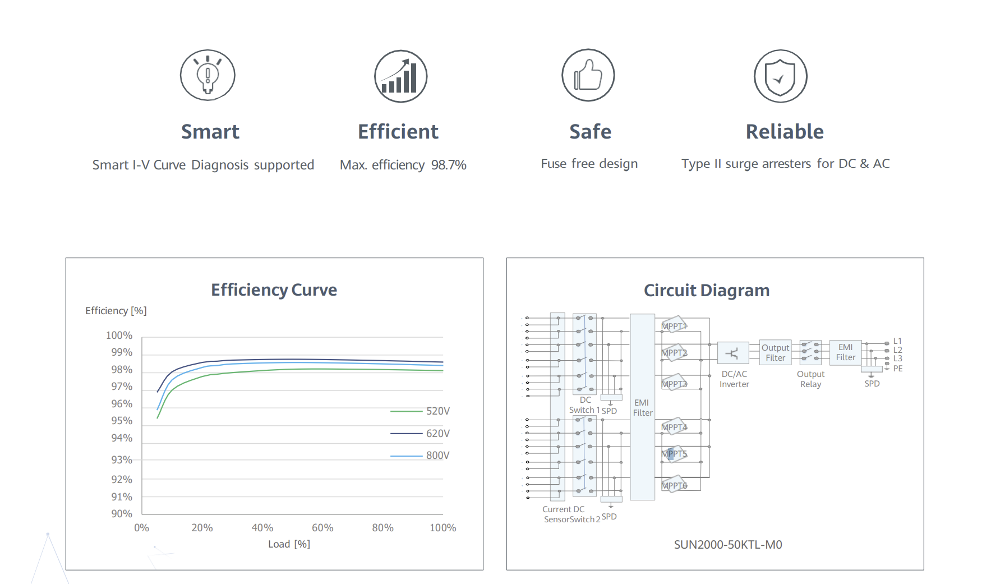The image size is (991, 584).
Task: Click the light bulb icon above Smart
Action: pyautogui.click(x=208, y=75)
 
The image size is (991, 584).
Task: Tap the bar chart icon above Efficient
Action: pyautogui.click(x=400, y=76)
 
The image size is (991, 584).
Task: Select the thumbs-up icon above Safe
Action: pyautogui.click(x=588, y=75)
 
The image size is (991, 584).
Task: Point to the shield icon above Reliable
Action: pyautogui.click(x=780, y=76)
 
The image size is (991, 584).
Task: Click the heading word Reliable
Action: pyautogui.click(x=785, y=132)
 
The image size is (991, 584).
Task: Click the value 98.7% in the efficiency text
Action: pyautogui.click(x=449, y=165)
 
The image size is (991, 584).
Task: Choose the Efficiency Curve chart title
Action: pyautogui.click(x=274, y=290)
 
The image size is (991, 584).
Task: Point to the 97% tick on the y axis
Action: pyautogui.click(x=122, y=387)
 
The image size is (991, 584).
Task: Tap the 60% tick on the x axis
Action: pyautogui.click(x=322, y=528)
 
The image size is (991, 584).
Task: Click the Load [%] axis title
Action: pyautogui.click(x=289, y=544)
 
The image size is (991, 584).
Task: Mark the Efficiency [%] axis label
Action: pyautogui.click(x=116, y=311)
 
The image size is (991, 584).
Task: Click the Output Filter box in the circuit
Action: pyautogui.click(x=775, y=353)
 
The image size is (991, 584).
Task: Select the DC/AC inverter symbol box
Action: pyautogui.click(x=732, y=353)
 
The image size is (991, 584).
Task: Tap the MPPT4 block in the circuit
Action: pyautogui.click(x=674, y=427)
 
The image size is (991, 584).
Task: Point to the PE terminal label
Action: pyautogui.click(x=898, y=369)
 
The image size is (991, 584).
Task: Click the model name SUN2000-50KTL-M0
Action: pyautogui.click(x=728, y=545)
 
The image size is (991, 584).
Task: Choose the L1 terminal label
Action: pyautogui.click(x=897, y=341)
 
